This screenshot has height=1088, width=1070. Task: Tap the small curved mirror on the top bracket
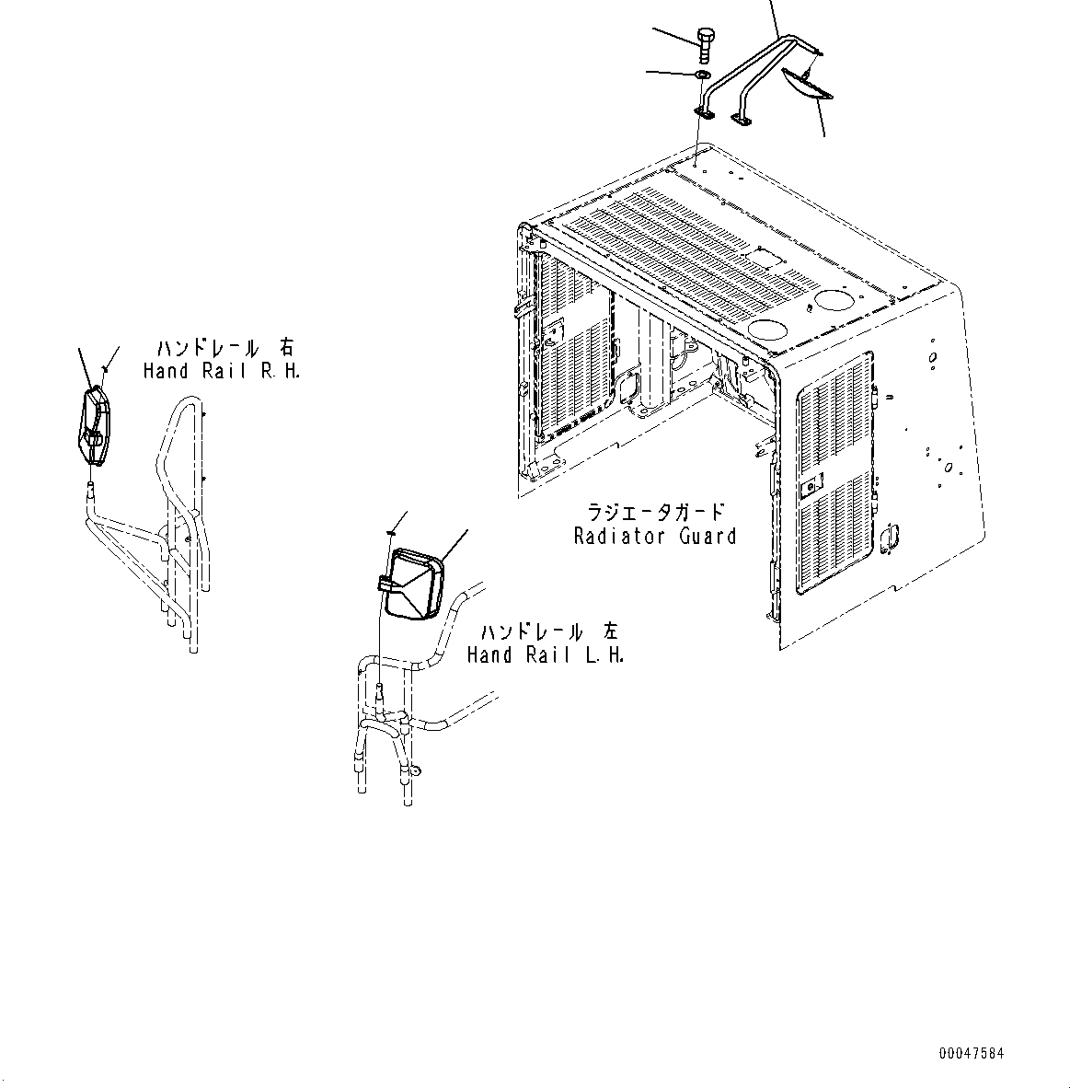point(807,84)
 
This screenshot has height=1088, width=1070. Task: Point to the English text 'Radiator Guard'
point(654,536)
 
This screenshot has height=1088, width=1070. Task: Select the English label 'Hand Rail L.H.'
point(545,655)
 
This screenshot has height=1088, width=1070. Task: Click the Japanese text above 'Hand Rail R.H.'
point(224,348)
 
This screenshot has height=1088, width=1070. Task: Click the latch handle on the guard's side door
point(890,536)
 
